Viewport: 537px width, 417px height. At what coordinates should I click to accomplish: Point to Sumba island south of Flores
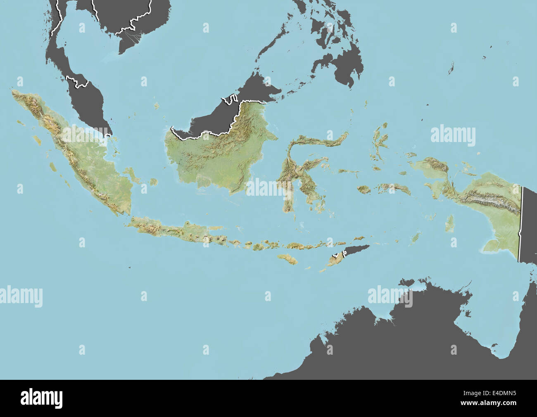[x=287, y=259]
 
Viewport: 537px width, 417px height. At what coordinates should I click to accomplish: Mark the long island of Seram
[x=394, y=188]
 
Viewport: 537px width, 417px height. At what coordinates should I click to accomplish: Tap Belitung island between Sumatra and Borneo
[x=154, y=182]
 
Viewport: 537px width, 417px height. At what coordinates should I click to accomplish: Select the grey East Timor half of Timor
[x=355, y=250]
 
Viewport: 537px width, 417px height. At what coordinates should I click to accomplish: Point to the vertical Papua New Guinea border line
[x=521, y=223]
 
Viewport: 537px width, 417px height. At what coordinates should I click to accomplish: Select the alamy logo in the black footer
[x=42, y=398]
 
